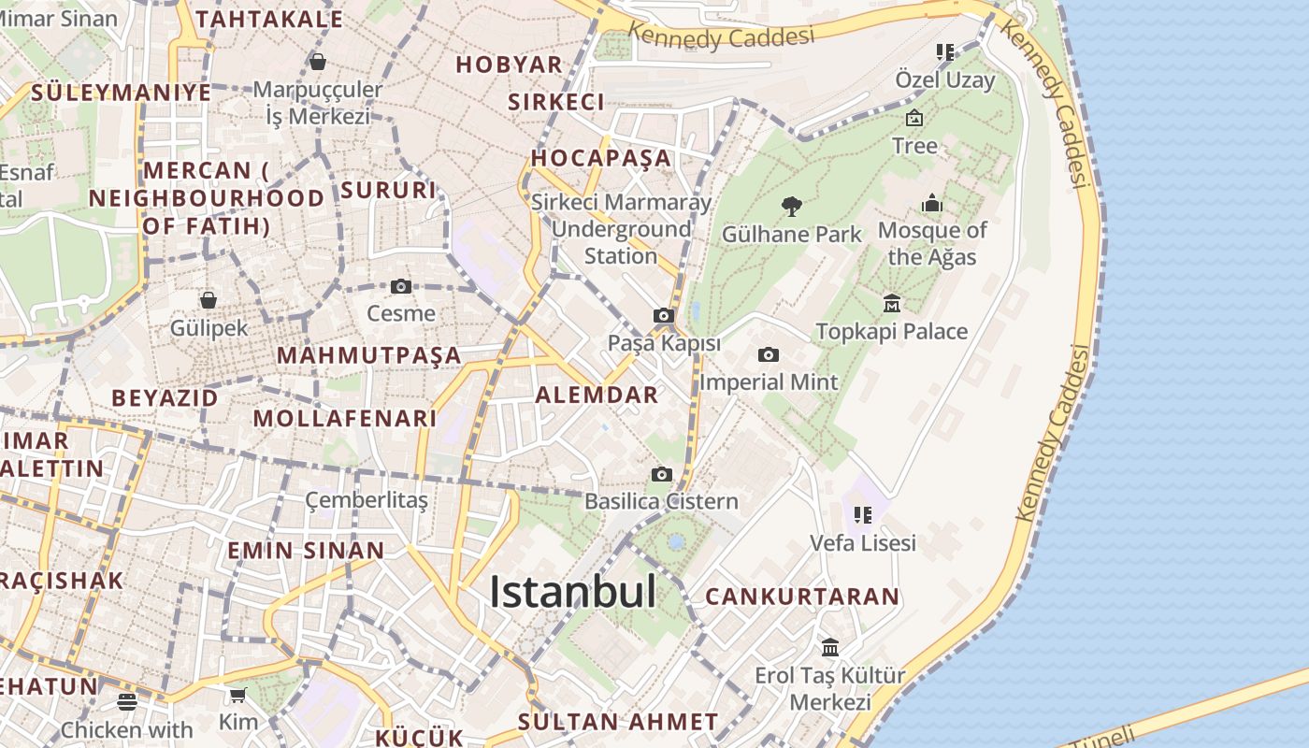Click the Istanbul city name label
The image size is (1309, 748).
[572, 592]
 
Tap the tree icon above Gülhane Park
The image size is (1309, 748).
[792, 206]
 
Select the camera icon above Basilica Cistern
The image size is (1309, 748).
[662, 474]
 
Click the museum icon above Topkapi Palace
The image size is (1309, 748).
[892, 303]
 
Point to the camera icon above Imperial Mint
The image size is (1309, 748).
[769, 354]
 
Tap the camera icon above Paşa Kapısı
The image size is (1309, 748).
[664, 316]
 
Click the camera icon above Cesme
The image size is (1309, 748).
[401, 286]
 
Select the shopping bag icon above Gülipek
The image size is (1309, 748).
[209, 300]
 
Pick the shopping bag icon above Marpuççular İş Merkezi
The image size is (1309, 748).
[318, 63]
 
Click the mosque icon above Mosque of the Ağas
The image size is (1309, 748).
[932, 203]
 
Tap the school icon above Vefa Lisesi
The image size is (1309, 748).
[863, 514]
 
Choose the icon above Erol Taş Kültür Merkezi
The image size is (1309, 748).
[830, 647]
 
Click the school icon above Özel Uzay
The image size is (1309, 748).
[945, 52]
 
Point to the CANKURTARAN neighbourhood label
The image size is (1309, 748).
[802, 597]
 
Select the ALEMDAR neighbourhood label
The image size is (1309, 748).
[597, 395]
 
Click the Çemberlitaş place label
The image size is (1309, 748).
[367, 501]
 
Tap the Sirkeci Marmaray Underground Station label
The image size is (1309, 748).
[621, 229]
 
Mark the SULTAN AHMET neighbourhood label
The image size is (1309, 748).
[618, 722]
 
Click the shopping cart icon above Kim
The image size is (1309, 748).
[238, 695]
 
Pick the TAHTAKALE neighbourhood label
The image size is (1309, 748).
[269, 19]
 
